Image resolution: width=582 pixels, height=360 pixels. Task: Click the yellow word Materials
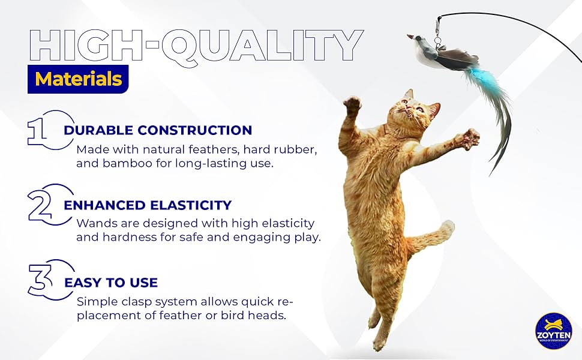[79, 79]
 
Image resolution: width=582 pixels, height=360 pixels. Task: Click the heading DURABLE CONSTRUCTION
[158, 130]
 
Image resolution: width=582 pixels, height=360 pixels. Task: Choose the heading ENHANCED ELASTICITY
[148, 206]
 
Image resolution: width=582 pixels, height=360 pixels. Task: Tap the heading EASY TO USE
[110, 283]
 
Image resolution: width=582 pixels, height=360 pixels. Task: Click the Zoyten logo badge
[553, 331]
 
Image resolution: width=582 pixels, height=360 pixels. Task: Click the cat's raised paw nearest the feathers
[469, 139]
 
